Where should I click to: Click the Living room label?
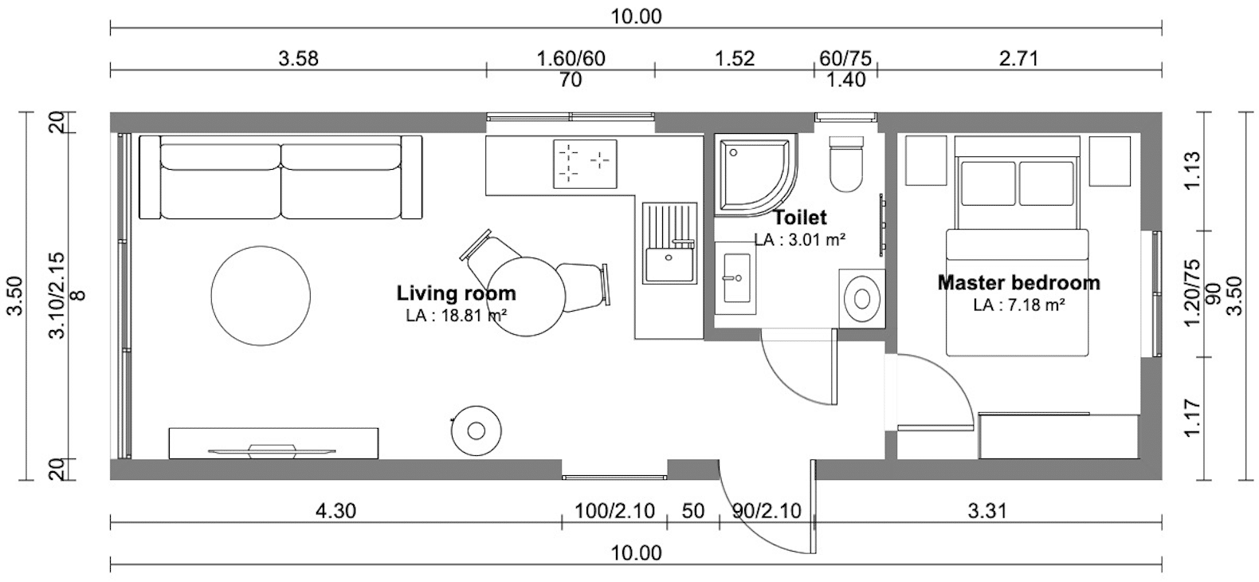click(457, 293)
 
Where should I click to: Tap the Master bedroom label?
click(1019, 282)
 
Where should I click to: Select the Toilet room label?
click(800, 217)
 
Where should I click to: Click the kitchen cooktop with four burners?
click(585, 163)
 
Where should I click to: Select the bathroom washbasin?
click(736, 277)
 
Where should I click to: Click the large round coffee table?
click(261, 296)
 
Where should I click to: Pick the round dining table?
click(526, 297)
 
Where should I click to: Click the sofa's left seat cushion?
click(220, 181)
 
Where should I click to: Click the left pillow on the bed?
click(988, 183)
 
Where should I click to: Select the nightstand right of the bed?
click(1109, 161)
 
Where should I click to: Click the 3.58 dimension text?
click(299, 58)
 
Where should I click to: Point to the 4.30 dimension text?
click(335, 511)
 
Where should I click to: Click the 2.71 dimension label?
click(1019, 58)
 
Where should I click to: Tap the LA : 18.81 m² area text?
click(457, 316)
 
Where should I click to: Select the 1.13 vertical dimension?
click(1192, 171)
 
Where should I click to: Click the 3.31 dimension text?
click(987, 511)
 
